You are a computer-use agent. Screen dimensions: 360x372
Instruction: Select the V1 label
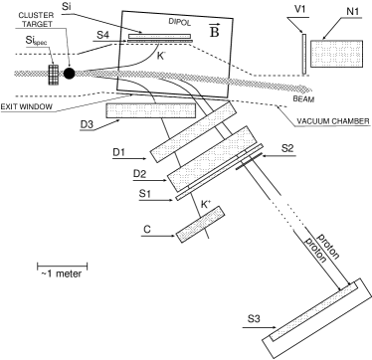tap(300, 9)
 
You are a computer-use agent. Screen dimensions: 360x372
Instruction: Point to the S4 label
tap(102, 35)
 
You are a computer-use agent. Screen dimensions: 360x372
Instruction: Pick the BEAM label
tap(304, 100)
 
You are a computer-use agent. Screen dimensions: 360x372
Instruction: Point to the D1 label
tap(118, 151)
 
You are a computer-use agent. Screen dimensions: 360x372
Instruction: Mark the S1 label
tap(144, 193)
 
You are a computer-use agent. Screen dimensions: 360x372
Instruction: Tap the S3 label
tap(254, 319)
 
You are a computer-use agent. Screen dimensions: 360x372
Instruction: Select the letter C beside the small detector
tap(146, 230)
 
